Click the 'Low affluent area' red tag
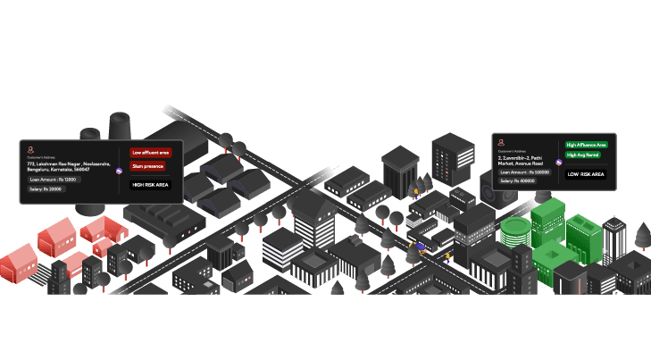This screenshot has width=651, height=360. coord(150,153)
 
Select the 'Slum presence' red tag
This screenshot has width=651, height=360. coord(147,166)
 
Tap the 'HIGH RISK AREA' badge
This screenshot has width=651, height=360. coord(150,185)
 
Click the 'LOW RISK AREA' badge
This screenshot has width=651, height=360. coord(586,174)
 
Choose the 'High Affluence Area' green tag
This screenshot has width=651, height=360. coord(587,144)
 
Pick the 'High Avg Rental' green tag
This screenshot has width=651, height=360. coord(583,155)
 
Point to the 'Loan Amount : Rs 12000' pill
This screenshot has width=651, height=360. coord(54,180)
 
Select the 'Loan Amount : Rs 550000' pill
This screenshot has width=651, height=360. coord(525,172)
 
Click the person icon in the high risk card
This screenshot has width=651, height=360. coord(30,150)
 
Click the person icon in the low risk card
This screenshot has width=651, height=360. coord(502,142)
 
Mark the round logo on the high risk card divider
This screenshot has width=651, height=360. coord(119,171)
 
